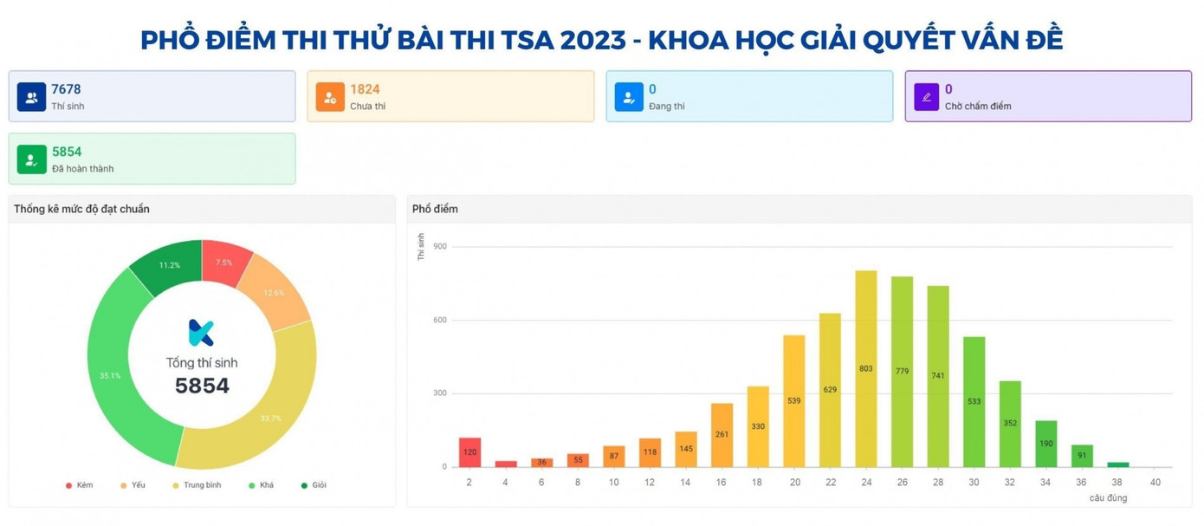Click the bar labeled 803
click(x=865, y=369)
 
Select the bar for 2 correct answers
click(x=469, y=452)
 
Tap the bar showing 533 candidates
click(x=974, y=402)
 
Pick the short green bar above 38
click(x=1118, y=464)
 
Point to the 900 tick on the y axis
click(x=440, y=247)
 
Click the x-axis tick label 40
click(x=1155, y=482)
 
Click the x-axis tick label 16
click(x=722, y=482)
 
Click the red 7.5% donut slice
click(x=223, y=262)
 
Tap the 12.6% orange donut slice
click(x=274, y=293)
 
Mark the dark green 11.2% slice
click(x=170, y=265)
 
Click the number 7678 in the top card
click(x=66, y=89)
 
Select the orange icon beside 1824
click(x=330, y=97)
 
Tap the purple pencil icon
click(x=927, y=97)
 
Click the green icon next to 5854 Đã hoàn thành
click(x=31, y=159)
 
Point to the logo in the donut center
click(x=201, y=333)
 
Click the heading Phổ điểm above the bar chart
click(x=435, y=209)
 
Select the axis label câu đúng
click(x=1108, y=498)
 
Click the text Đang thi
click(x=667, y=107)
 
